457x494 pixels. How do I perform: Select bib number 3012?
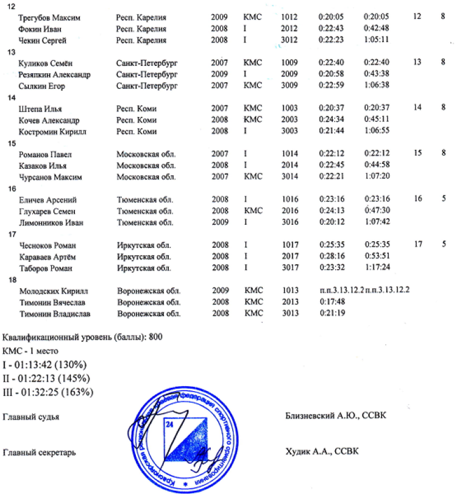[289, 41]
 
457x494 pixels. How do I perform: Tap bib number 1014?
[289, 154]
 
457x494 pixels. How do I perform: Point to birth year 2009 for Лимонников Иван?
[219, 223]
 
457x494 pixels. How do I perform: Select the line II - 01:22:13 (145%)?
[46, 378]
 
